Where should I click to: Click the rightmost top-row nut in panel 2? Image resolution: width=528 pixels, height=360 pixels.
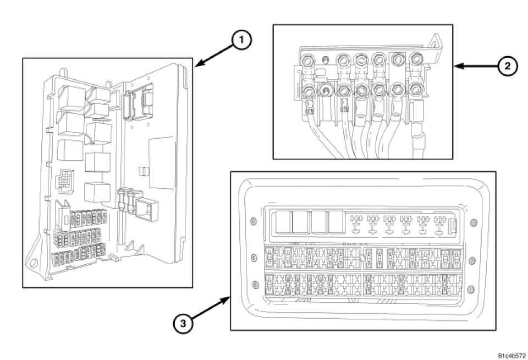coord(416,59)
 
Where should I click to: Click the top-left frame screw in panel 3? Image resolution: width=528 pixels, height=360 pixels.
coord(253,222)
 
